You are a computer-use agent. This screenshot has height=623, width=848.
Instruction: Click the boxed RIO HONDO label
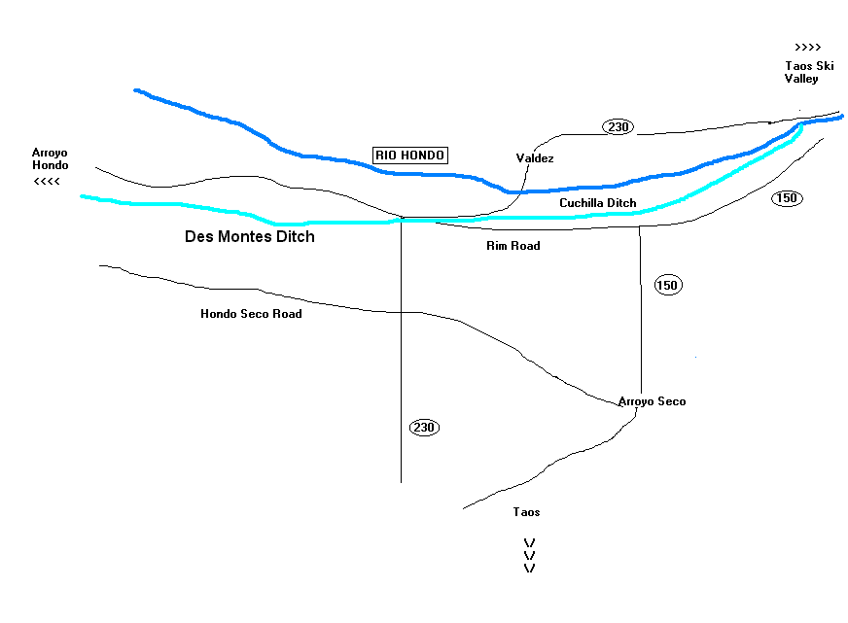tap(410, 156)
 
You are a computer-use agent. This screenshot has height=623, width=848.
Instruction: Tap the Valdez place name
tap(534, 157)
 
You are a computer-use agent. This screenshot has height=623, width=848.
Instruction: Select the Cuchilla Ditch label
tap(598, 203)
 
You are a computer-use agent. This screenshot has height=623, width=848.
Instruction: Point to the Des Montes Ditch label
tap(250, 236)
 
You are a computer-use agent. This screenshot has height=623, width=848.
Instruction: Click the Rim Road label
tap(512, 246)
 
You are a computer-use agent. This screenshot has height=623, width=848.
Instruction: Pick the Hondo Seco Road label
tap(251, 314)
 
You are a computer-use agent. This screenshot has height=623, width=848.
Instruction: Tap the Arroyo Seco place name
tap(652, 401)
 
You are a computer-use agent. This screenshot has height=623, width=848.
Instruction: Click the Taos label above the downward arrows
tap(526, 512)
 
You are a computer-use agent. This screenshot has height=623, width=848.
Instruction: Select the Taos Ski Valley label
tap(803, 72)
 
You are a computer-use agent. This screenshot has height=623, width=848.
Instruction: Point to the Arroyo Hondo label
tap(50, 159)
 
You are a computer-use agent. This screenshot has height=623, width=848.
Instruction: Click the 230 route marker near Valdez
tap(617, 126)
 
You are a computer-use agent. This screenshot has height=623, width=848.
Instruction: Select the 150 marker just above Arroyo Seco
tap(667, 285)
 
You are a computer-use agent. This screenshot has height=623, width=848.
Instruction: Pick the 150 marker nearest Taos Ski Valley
tap(787, 198)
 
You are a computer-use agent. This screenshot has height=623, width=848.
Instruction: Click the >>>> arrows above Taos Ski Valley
tap(807, 47)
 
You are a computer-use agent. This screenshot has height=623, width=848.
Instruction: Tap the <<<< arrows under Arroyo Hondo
tap(47, 182)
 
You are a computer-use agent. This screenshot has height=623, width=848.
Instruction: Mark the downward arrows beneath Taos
tap(530, 555)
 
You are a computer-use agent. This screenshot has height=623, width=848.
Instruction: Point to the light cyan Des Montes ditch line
tap(194, 206)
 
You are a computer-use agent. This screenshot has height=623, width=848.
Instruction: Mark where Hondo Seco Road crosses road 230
tap(402, 312)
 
